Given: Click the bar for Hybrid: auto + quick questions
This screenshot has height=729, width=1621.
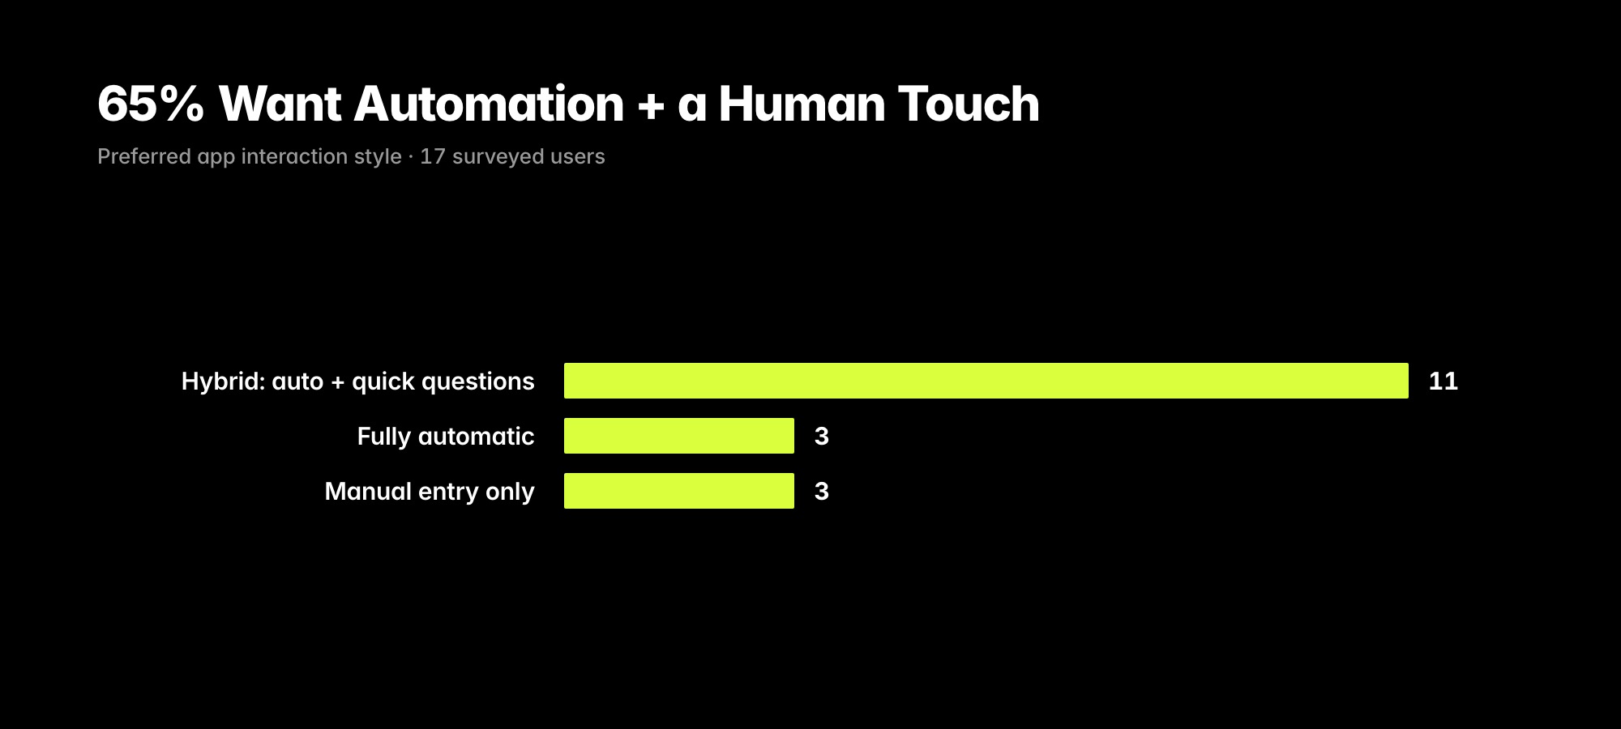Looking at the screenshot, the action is (x=986, y=381).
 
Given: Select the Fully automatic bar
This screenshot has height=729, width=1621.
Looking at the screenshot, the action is (x=679, y=436).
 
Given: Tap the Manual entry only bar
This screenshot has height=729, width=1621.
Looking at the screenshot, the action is (x=679, y=491).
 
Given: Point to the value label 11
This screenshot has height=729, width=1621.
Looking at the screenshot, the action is (x=1444, y=381).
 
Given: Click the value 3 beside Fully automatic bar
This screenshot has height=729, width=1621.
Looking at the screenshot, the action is (x=822, y=436).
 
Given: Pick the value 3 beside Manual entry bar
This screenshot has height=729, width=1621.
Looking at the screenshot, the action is (x=822, y=491).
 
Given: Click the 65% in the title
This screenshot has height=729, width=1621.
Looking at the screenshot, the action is (x=151, y=104).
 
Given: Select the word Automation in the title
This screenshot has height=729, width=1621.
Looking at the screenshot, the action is (x=489, y=104).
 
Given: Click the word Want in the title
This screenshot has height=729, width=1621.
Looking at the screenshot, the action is (x=280, y=104).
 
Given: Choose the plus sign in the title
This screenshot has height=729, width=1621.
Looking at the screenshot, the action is (x=651, y=105).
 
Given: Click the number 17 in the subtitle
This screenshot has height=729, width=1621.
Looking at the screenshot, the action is (x=433, y=156).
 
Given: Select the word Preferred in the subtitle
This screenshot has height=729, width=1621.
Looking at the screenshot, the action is (x=144, y=156).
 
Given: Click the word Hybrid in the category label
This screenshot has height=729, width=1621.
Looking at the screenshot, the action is (x=223, y=382).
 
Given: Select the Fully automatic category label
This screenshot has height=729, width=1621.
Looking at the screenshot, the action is (x=446, y=437).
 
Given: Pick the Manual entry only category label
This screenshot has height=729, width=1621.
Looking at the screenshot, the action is (x=430, y=492).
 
